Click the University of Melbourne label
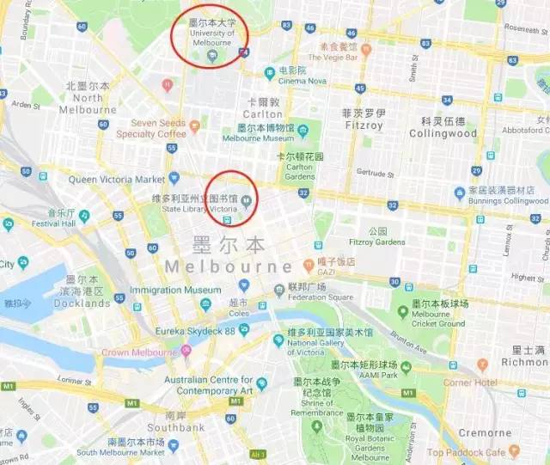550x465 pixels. [211, 37]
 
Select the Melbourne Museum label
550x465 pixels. [258, 138]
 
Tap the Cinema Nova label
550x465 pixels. [308, 81]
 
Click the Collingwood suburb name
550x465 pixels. [443, 134]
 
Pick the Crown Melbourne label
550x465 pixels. [138, 352]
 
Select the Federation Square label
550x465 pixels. [321, 297]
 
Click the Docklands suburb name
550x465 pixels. [80, 303]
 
